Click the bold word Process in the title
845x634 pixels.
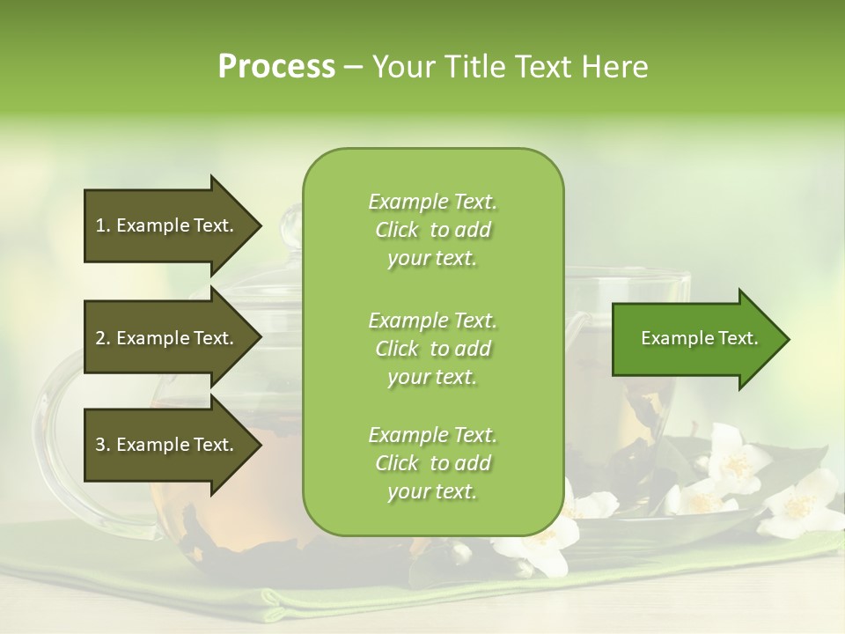click(x=276, y=67)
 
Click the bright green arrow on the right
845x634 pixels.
click(x=695, y=339)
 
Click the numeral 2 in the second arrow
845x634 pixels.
click(x=100, y=338)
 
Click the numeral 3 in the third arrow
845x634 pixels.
click(x=100, y=445)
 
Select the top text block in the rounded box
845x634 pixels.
click(x=432, y=230)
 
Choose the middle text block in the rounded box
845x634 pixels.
click(x=432, y=349)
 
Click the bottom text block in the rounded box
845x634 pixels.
click(x=432, y=463)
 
